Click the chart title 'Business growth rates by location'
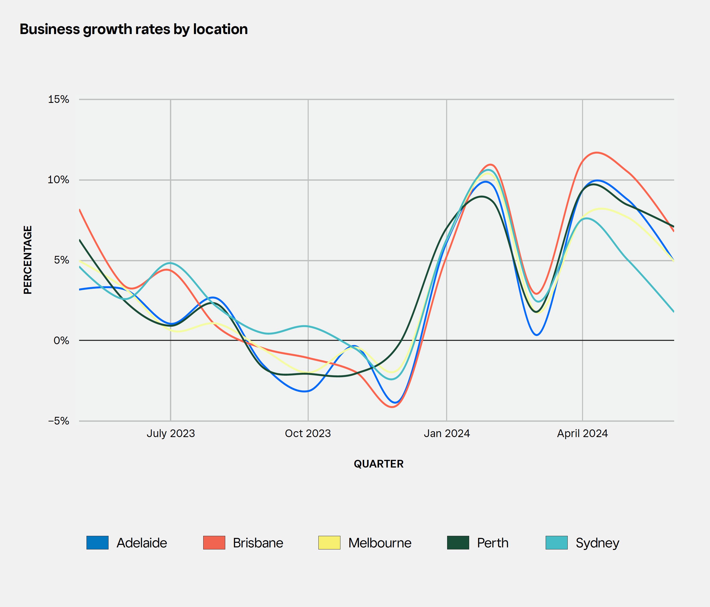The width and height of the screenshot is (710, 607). [134, 29]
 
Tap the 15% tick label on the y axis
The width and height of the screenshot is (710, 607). [59, 100]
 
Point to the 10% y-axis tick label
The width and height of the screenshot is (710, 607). [58, 180]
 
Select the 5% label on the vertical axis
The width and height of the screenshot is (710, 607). [61, 260]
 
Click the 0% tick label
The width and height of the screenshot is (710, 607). [61, 341]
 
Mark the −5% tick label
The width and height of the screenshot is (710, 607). [59, 421]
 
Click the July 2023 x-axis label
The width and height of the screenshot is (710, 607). [171, 434]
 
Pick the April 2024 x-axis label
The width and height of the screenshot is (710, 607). [582, 434]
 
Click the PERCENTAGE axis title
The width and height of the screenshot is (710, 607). [28, 260]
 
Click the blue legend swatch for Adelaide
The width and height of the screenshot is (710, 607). [97, 543]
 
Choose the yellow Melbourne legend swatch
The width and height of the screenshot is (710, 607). [329, 543]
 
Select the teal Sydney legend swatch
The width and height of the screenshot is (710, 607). [556, 543]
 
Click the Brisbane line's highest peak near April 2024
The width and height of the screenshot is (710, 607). [597, 153]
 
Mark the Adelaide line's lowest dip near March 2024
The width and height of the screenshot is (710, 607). [537, 335]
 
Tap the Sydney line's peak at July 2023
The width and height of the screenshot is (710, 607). [170, 263]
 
